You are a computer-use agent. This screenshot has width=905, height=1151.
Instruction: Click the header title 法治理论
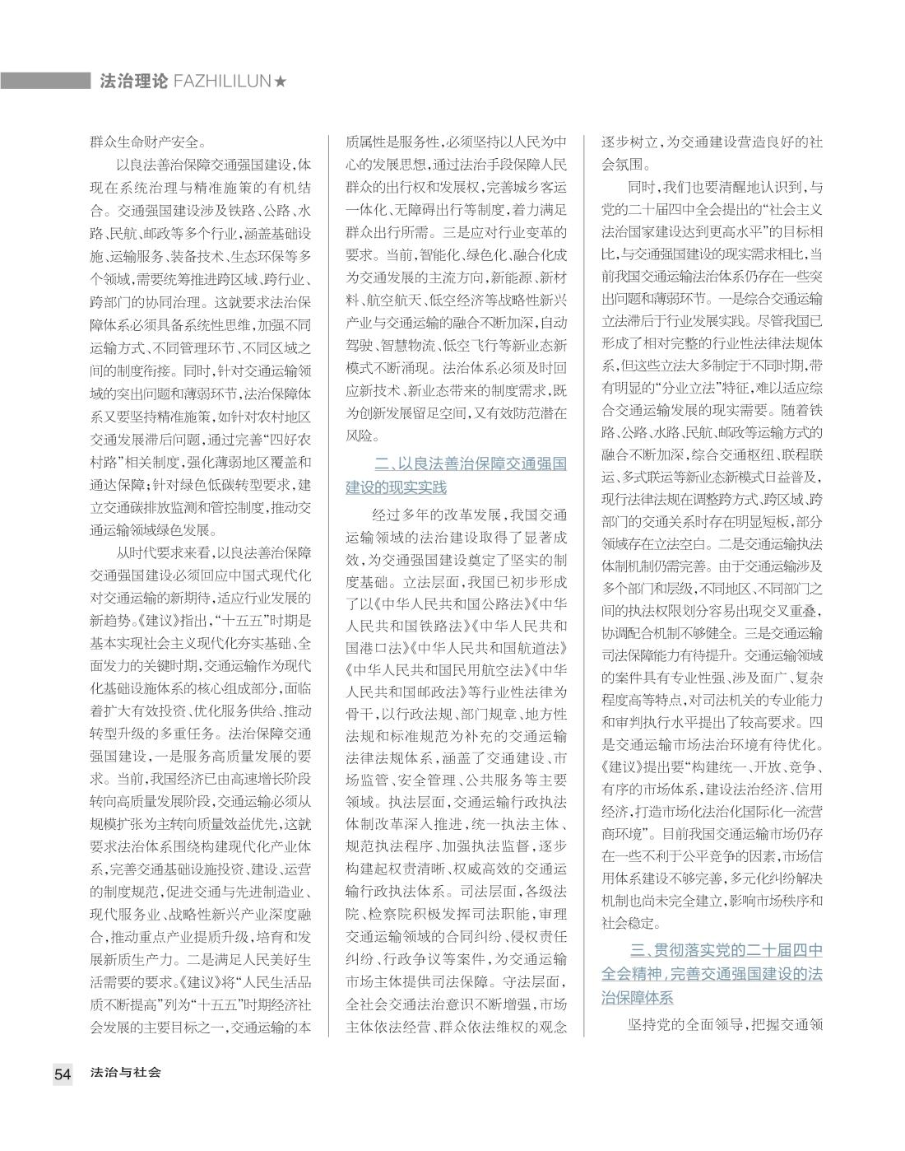pos(132,82)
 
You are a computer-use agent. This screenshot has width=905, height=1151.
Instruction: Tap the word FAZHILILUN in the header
pos(222,82)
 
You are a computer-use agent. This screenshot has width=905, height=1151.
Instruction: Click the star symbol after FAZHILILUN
pos(281,82)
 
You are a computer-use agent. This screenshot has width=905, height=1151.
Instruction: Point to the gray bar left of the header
pos(45,81)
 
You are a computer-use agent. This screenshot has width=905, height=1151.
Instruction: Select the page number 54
pos(63,1074)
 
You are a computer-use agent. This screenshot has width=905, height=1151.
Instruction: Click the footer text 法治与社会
pos(126,1073)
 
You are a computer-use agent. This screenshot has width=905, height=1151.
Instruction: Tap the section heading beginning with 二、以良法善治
pos(456,476)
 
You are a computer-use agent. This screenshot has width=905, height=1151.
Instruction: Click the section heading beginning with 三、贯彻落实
pos(712,974)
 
